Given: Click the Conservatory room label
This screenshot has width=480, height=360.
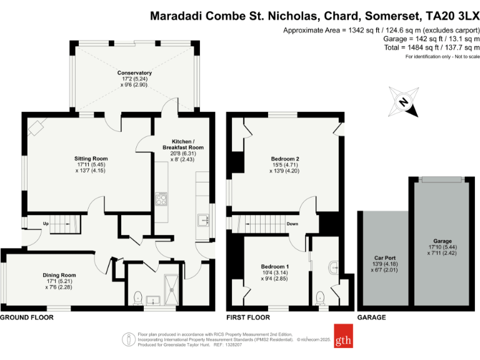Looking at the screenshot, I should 134,73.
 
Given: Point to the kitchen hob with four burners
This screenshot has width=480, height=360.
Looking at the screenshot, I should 161,199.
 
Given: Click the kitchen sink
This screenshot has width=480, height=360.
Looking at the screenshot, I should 202,220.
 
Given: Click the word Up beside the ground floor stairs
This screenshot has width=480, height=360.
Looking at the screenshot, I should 46,223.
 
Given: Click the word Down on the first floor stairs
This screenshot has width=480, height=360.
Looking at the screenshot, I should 292,223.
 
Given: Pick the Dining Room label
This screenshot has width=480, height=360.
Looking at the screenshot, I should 59,275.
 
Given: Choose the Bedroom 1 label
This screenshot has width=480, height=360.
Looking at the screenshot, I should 274,267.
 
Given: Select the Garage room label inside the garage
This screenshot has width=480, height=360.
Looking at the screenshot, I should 442,241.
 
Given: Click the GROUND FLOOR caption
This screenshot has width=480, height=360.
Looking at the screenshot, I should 26,317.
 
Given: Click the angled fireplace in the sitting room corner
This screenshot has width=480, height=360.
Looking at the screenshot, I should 36,127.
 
